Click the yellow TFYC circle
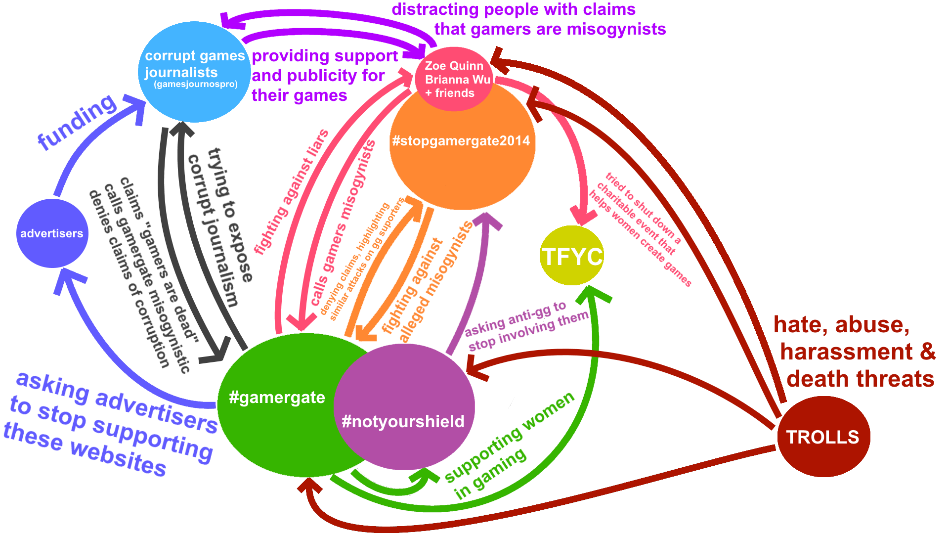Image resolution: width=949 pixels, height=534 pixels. pos(572,256)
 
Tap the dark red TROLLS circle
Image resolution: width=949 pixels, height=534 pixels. pos(823,437)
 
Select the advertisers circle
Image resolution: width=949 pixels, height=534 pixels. pos(52,233)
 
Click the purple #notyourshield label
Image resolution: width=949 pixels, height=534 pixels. pos(403,421)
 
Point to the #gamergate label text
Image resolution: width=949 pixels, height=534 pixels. pos(277,397)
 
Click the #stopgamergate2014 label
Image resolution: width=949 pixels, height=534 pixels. pos(461,141)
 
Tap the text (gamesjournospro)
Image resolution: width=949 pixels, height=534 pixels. pos(196,84)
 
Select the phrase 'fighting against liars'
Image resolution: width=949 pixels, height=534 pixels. pos(292,192)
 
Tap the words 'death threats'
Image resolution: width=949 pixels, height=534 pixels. pos(860,379)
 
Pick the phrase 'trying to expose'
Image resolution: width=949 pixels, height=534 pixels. pos(230,215)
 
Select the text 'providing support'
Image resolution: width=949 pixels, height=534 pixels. pos(325,56)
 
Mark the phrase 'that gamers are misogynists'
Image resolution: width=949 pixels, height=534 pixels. pos(550,29)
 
